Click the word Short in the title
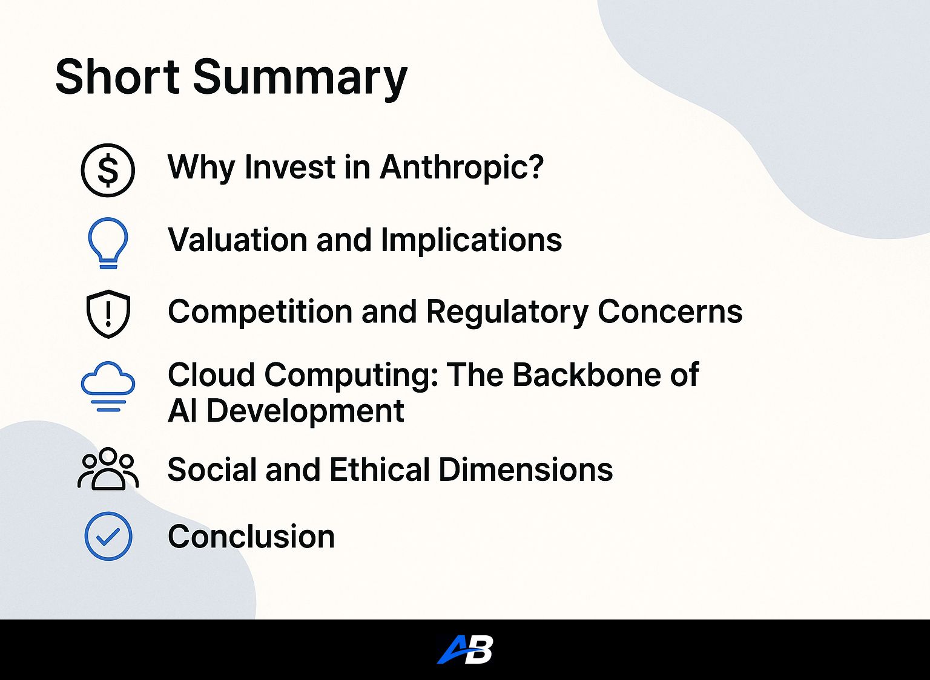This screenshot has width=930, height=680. [x=117, y=77]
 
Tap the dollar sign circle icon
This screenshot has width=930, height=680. [x=108, y=170]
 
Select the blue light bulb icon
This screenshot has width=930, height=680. [x=108, y=243]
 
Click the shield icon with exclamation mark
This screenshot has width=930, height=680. [x=108, y=313]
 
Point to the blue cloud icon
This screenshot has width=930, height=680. [x=108, y=387]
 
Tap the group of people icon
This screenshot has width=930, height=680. [x=108, y=469]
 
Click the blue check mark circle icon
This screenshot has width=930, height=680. [x=108, y=536]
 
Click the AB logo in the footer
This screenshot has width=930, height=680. [x=465, y=650]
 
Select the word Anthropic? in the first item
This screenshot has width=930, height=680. [x=462, y=168]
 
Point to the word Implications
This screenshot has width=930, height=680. [x=471, y=240]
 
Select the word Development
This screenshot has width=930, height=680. [x=305, y=412]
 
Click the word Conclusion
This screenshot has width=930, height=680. [x=251, y=537]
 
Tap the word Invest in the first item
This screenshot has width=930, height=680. [x=289, y=167]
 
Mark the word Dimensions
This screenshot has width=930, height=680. [x=526, y=469]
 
